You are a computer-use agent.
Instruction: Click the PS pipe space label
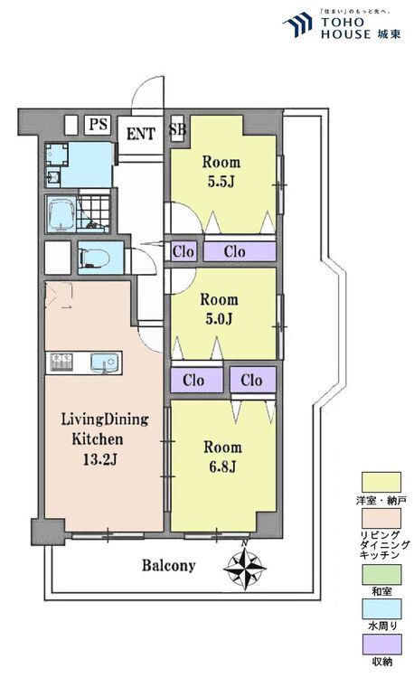99,125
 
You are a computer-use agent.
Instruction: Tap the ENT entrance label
140,134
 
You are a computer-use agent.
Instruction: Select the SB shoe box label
177,129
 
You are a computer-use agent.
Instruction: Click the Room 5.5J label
221,172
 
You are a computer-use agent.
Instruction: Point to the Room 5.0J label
219,309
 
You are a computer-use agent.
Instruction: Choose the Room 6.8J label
222,457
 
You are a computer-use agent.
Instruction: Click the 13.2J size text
100,459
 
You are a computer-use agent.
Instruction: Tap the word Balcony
168,566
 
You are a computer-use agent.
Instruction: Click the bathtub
61,214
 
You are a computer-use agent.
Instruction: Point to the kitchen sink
104,363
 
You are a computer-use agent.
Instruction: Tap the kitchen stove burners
61,363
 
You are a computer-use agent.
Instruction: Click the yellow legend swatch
381,483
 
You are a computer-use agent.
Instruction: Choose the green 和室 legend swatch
381,575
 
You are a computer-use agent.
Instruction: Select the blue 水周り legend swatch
381,609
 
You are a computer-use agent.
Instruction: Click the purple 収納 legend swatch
381,645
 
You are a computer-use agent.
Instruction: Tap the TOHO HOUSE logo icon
298,24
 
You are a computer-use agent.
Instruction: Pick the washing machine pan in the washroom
57,155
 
